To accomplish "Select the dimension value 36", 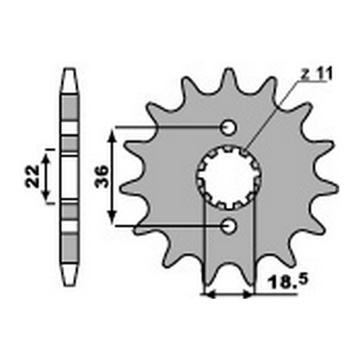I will [100, 177].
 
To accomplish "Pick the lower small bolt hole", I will [229, 228].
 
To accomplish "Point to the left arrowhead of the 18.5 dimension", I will [209, 293].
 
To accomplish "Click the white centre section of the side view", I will [70, 176].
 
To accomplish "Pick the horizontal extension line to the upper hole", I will [167, 127].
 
